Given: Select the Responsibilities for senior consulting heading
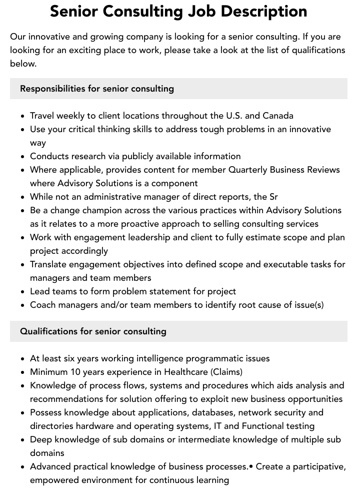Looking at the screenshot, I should [97, 89].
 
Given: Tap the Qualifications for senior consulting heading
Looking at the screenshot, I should [93, 331].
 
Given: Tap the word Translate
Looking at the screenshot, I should [50, 264].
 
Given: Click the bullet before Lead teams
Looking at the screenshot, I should [23, 292].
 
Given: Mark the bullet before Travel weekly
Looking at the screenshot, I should [23, 116].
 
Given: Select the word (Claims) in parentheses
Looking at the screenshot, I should [226, 372].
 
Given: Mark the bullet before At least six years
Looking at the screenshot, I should [23, 359].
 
